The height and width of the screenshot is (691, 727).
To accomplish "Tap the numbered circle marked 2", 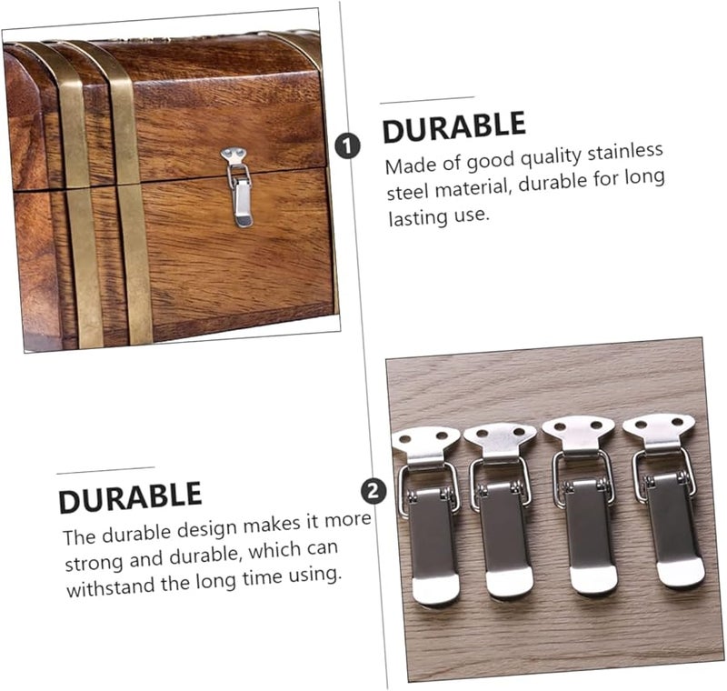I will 373,492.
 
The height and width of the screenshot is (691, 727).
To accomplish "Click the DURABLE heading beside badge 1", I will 453,127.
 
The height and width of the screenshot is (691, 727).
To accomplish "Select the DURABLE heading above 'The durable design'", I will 130,496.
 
